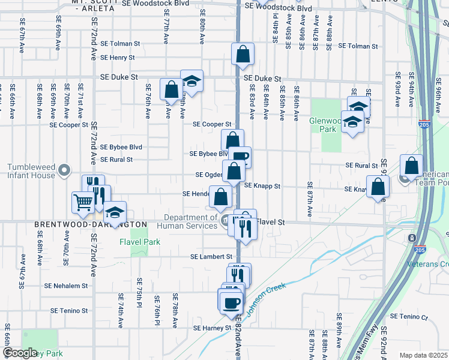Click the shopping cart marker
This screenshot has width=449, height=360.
(83, 202)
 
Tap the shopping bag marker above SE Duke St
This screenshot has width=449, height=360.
(242, 54)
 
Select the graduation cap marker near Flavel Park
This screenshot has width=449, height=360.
(115, 212)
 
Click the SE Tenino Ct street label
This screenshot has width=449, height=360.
(409, 317)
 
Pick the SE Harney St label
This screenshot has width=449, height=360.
(212, 328)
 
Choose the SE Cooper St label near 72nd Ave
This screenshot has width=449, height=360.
(69, 125)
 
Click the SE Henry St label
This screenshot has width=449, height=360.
(118, 58)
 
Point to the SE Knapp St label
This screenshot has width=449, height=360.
(262, 187)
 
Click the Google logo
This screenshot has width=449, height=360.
(20, 353)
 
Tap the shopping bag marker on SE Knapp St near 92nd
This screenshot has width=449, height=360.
(378, 187)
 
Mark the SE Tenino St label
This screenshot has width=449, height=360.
(69, 311)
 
